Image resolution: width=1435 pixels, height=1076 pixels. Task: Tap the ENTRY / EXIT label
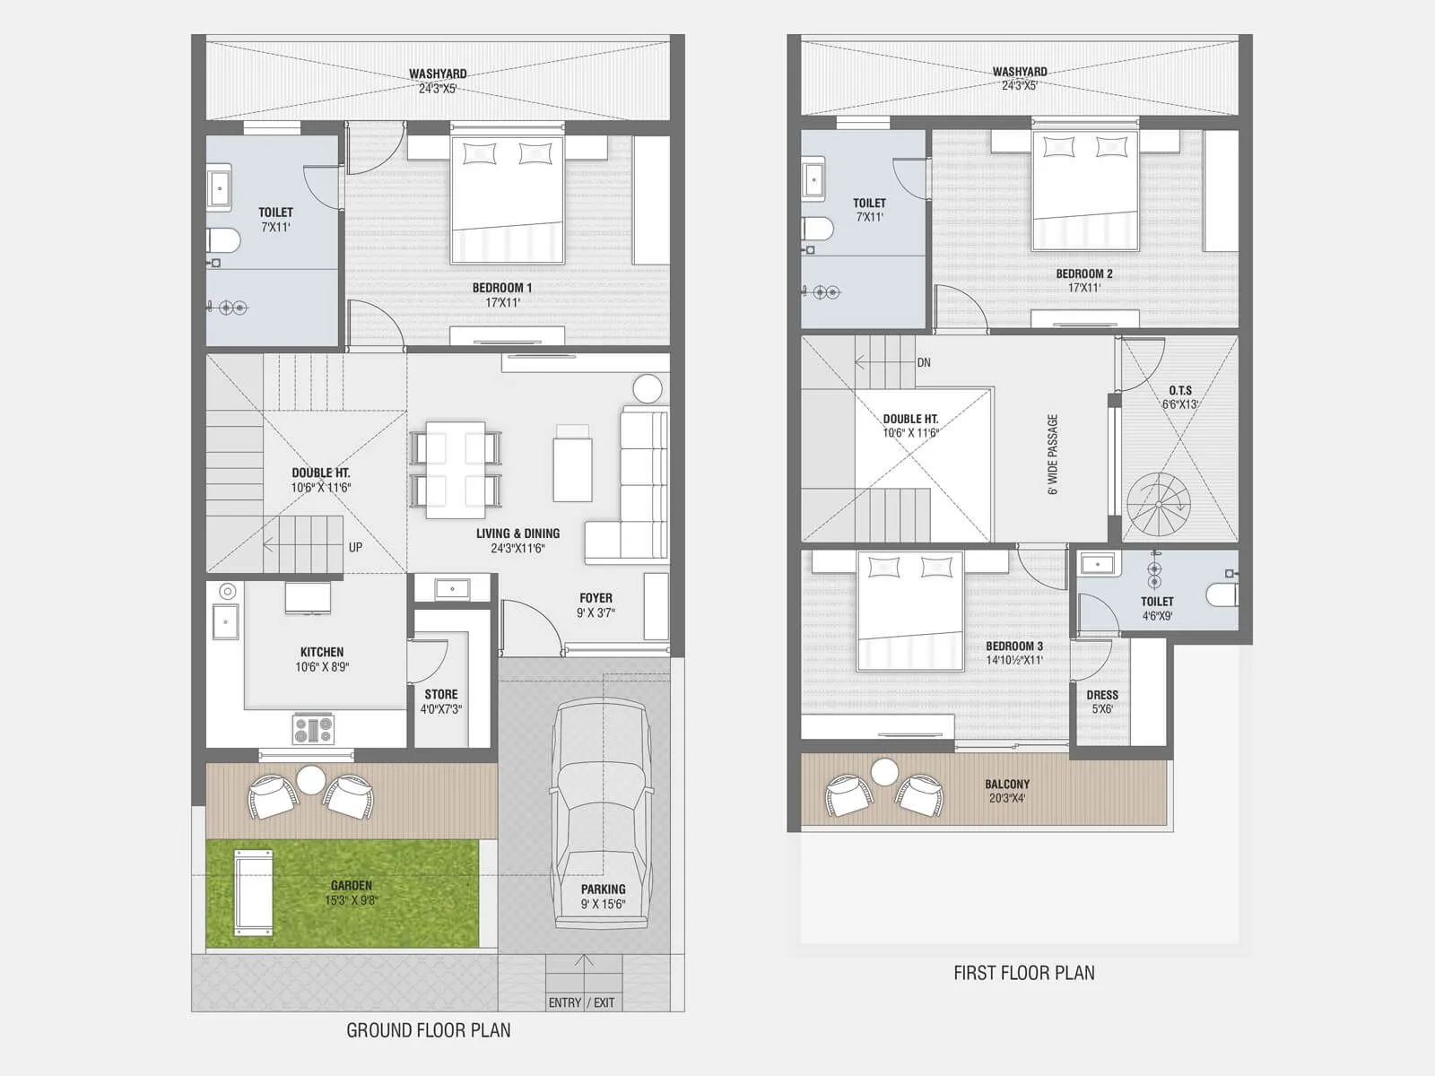[582, 1002]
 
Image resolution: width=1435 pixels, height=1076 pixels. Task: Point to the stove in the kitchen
[313, 729]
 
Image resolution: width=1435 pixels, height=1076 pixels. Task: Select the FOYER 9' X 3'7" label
[596, 605]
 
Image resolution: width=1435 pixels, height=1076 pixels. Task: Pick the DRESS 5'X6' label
[1102, 701]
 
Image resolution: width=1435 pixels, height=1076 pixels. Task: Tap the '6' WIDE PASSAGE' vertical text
[1053, 454]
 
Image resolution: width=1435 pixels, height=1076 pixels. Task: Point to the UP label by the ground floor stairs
[355, 547]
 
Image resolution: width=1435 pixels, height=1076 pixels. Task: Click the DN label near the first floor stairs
[924, 363]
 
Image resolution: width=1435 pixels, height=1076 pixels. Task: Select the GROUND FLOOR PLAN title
[429, 1030]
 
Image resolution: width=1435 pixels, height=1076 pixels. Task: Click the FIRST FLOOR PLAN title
[1023, 973]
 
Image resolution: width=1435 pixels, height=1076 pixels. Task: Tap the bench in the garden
[253, 892]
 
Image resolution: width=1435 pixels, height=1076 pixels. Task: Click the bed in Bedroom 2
[1085, 190]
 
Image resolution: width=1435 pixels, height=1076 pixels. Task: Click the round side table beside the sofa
[648, 389]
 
